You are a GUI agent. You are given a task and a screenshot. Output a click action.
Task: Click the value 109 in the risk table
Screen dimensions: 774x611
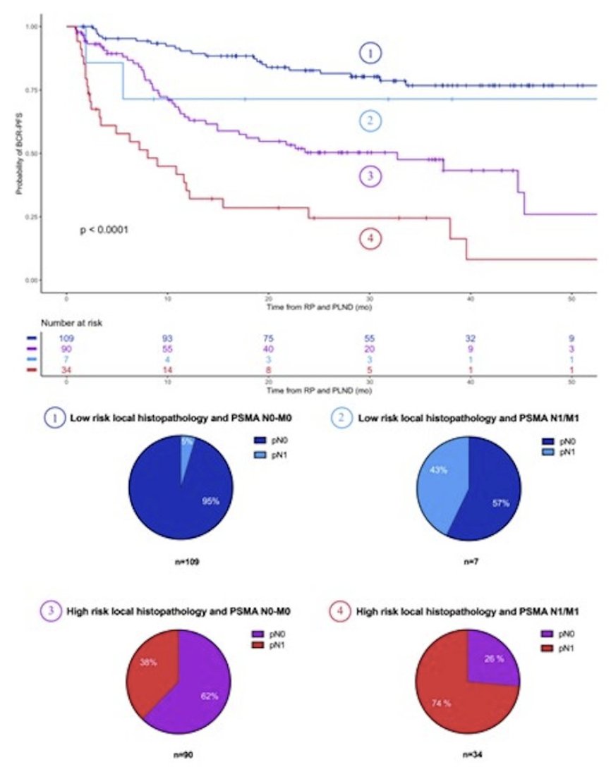pos(66,338)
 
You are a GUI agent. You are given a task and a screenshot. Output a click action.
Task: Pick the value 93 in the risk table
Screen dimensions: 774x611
pos(167,338)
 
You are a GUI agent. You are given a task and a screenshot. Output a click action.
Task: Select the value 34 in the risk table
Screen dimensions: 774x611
pos(66,368)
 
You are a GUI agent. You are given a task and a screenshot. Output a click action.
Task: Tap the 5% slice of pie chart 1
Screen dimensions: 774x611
pos(186,452)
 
